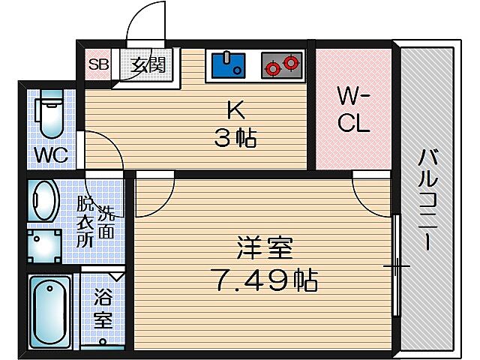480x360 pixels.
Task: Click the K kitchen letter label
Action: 235,110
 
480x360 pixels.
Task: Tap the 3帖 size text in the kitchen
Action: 235,138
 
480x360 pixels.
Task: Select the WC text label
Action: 51,156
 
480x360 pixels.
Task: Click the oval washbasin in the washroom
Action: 43,199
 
